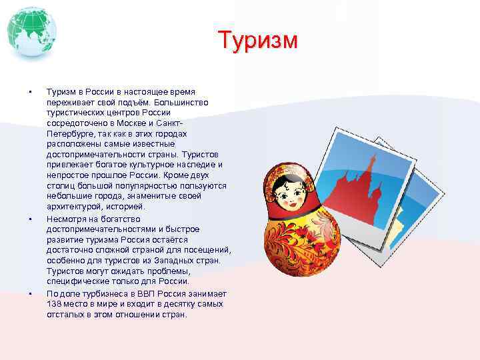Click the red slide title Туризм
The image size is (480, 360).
pos(258,41)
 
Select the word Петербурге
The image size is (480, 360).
pos(69,133)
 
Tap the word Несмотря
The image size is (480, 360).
pos(67,219)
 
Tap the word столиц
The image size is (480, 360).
pos(60,186)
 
